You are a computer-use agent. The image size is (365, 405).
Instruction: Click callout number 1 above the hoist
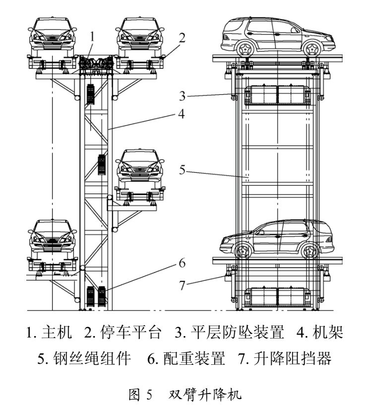[x=92, y=37]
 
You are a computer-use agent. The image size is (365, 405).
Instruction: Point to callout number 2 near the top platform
[x=182, y=38]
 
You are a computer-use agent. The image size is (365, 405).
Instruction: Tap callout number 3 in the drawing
[x=182, y=96]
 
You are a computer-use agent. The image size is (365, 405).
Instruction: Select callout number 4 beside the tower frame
[x=182, y=114]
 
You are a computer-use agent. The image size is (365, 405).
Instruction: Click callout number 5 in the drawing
[x=182, y=170]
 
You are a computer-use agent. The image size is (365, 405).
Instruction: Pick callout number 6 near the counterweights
[x=182, y=263]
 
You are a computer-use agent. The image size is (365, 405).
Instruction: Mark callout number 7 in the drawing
[x=182, y=285]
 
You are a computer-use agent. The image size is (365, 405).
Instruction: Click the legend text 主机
[x=57, y=332]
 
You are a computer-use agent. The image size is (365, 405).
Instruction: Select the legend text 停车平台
[x=131, y=332]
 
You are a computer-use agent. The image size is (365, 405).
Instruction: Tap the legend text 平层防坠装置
[x=238, y=332]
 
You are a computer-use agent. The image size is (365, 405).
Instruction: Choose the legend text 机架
[x=328, y=332]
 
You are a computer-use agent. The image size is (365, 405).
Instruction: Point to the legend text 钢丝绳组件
[x=92, y=358]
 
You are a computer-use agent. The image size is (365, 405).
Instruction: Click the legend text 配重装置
[x=194, y=358]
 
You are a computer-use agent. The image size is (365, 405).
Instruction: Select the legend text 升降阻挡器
[x=293, y=358]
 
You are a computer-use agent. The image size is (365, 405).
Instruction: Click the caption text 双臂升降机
[x=205, y=394]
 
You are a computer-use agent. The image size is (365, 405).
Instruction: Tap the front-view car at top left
[x=53, y=36]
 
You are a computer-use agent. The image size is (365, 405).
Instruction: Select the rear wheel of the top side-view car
[x=245, y=49]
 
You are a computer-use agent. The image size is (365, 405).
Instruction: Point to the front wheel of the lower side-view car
[x=243, y=250]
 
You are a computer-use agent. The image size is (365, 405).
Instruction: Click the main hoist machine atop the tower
[x=96, y=63]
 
